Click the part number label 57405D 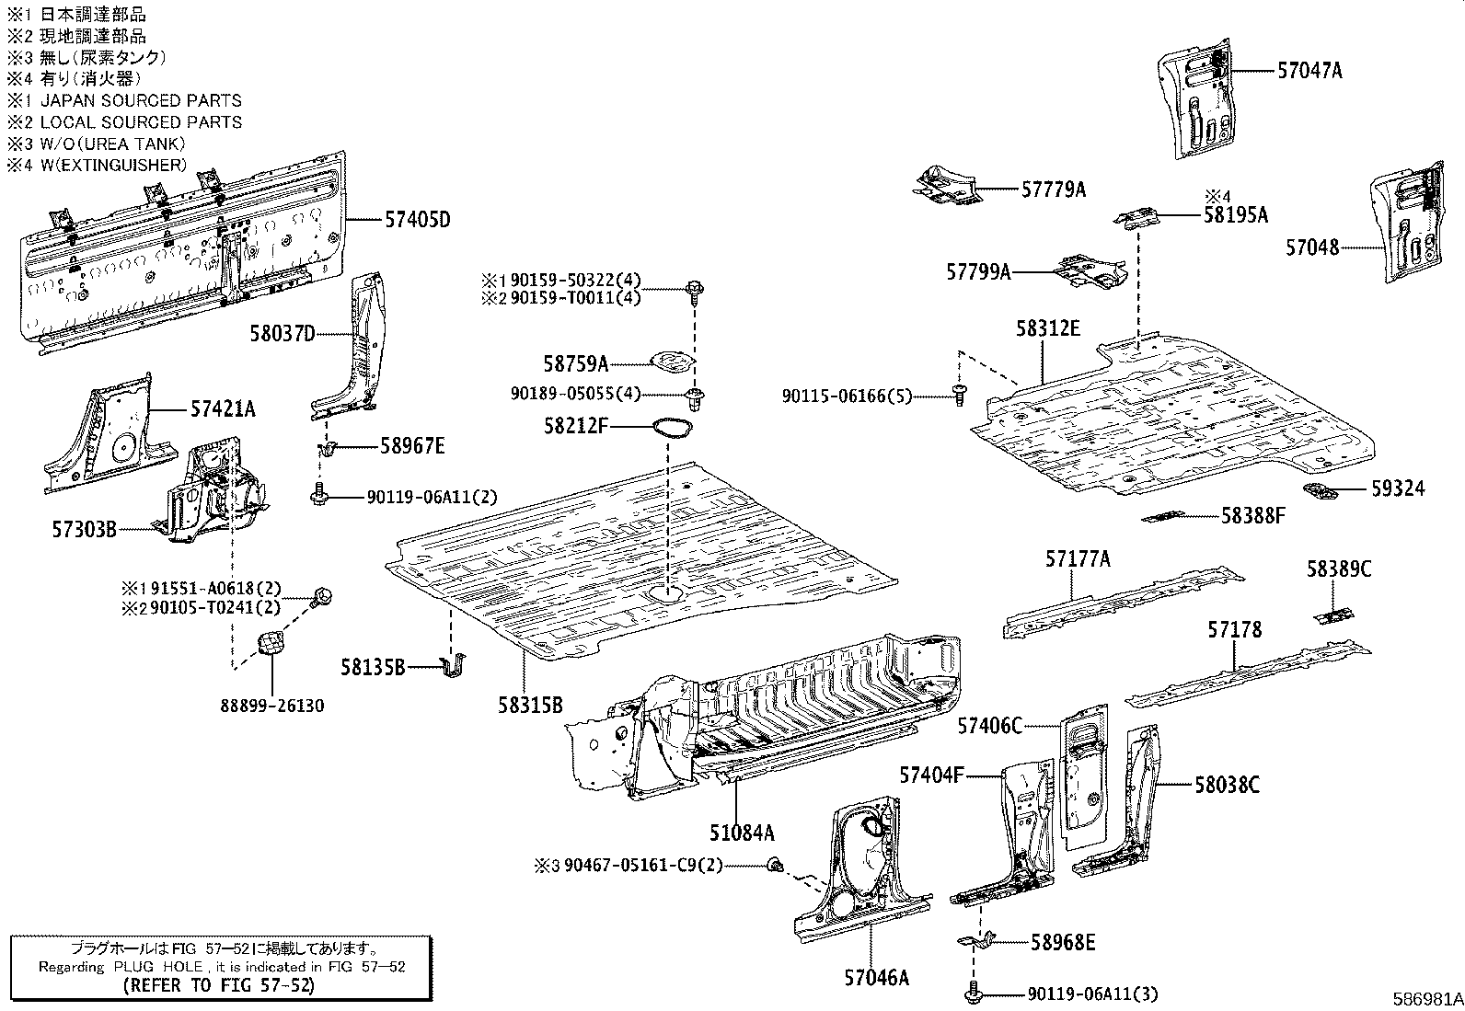pos(417,220)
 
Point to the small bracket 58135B pos(453,666)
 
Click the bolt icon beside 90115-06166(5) pos(959,395)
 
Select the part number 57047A pos(1309,70)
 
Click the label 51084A pos(742,833)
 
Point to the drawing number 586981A pos(1426,999)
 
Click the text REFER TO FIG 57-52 pos(219,986)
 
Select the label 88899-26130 pos(272,706)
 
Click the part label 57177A pos(1078,558)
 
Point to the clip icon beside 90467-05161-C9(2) pos(775,864)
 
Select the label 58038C pos(1227,785)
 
